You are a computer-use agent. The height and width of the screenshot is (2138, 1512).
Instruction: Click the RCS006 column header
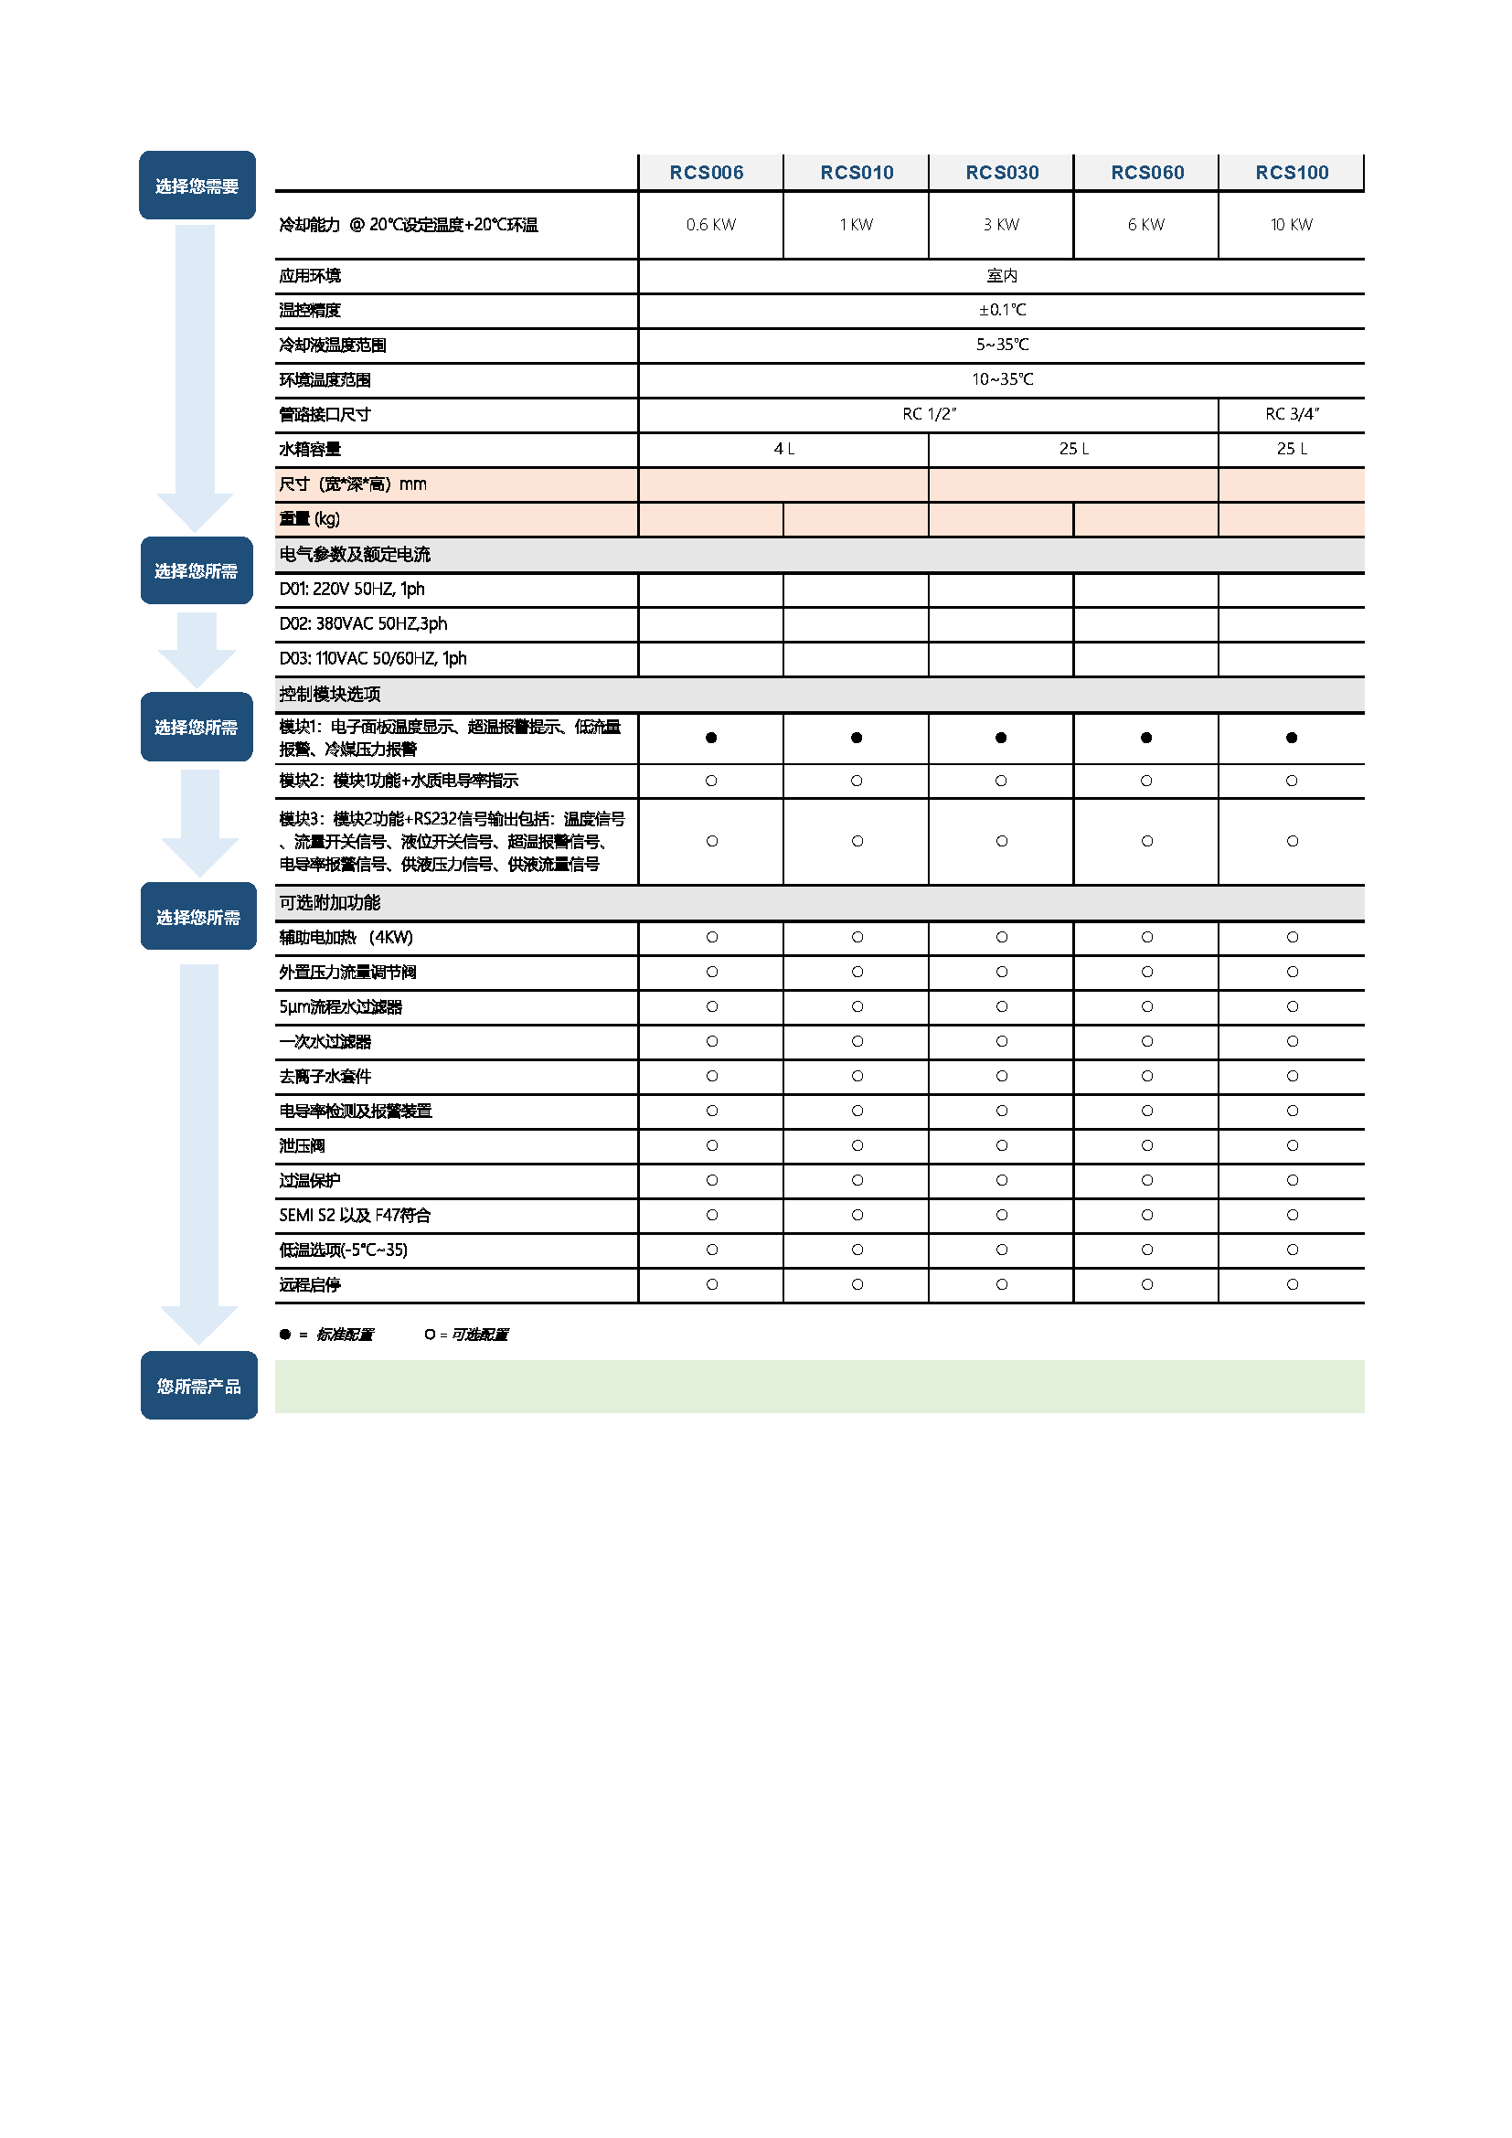(707, 172)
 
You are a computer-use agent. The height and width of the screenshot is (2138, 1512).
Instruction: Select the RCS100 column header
(1292, 172)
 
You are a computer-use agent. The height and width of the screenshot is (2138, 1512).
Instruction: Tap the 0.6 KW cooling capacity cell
(710, 225)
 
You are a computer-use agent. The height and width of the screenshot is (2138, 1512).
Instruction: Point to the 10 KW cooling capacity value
(1292, 225)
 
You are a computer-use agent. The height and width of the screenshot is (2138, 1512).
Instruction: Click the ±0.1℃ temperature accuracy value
(1002, 310)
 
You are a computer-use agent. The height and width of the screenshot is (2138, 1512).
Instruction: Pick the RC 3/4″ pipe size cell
(1292, 414)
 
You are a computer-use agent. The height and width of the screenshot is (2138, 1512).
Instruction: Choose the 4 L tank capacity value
(784, 449)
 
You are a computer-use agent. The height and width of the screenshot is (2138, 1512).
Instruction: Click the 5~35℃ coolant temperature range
(1002, 345)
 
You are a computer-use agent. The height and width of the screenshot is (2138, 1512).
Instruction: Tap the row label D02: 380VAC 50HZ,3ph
(363, 624)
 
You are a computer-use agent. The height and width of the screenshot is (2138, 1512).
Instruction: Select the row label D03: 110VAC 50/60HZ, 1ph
(372, 658)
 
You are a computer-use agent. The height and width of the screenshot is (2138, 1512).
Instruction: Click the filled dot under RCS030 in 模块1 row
(1001, 738)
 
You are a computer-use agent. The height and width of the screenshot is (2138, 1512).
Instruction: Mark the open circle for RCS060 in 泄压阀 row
(1147, 1145)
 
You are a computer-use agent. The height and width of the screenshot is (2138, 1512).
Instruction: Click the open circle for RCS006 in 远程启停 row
(712, 1284)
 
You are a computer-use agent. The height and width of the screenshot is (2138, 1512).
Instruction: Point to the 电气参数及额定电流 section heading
(355, 555)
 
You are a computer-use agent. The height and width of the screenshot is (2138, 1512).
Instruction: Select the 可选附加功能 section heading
(330, 902)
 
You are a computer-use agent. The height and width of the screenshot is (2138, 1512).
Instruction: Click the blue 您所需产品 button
(198, 1386)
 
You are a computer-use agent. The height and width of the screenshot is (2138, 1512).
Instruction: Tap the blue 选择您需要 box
(197, 186)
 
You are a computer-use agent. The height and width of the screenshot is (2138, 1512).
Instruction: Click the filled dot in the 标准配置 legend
(285, 1335)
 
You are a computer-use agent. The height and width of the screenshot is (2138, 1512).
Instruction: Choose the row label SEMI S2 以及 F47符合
(355, 1215)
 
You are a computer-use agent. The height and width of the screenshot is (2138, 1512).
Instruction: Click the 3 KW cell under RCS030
(1001, 225)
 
